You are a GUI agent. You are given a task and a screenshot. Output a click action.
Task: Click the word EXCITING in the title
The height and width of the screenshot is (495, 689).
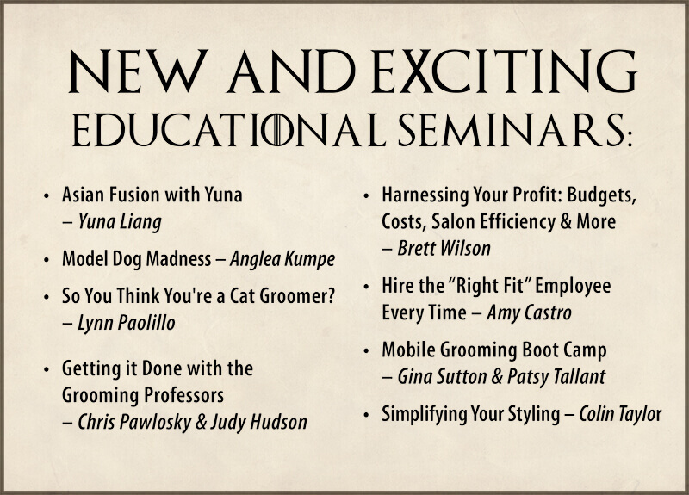506,71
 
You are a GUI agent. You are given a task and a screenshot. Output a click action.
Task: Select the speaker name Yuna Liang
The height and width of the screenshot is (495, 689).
120,222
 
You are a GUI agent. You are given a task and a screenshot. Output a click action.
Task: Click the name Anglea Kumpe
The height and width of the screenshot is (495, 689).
282,259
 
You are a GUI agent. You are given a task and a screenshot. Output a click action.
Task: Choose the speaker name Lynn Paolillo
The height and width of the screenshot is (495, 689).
127,323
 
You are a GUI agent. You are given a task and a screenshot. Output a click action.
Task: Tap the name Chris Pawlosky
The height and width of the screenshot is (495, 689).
134,422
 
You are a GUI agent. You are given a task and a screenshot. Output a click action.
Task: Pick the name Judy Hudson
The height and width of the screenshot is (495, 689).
259,422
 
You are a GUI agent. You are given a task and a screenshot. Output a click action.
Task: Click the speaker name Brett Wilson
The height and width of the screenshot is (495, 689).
444,249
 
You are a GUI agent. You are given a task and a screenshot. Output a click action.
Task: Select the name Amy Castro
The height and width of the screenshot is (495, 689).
529,313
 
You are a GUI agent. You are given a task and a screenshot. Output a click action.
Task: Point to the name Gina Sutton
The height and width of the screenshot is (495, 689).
442,377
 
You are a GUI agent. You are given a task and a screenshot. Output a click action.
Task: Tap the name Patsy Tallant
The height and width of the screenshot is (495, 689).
556,377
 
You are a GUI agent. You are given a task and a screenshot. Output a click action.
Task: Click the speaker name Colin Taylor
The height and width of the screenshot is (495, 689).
620,414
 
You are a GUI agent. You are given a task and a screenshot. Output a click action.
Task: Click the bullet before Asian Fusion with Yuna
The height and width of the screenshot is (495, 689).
47,196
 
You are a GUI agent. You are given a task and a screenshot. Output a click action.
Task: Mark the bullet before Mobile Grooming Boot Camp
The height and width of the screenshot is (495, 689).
366,351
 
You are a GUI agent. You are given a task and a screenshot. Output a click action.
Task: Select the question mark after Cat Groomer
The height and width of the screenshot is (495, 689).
331,295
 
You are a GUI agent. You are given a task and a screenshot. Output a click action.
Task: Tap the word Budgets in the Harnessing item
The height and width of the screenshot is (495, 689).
601,195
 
